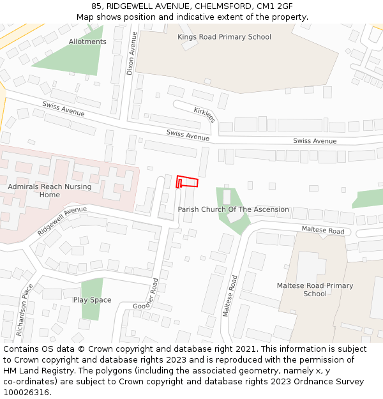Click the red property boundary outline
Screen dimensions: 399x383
coord(187,182)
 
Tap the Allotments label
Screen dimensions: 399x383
coord(87,42)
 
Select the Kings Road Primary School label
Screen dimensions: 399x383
coord(224,37)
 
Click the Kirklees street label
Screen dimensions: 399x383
coord(205,115)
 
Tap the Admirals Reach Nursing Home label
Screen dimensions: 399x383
coord(50,190)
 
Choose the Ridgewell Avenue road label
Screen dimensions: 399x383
coord(62,220)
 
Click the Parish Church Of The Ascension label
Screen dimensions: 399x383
coord(233,209)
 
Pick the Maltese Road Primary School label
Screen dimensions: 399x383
coord(315,290)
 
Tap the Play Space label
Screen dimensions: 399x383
coord(92,300)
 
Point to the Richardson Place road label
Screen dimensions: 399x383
coord(23,310)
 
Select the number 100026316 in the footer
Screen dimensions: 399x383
coord(26,393)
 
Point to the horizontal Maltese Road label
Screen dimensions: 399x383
coord(322,230)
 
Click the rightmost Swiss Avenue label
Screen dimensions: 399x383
coord(315,141)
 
